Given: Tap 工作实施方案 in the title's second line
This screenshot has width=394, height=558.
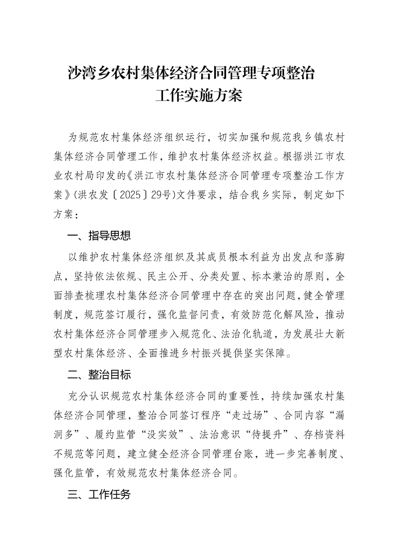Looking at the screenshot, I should pyautogui.click(x=198, y=95).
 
